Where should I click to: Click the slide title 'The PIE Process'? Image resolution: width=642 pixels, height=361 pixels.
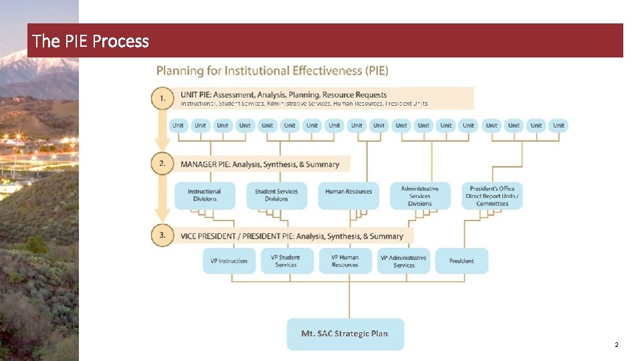91,41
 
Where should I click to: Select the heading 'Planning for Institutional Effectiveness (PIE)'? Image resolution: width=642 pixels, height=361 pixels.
272,71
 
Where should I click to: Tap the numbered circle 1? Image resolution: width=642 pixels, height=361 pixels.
163,98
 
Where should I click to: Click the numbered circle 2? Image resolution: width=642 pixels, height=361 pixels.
163,164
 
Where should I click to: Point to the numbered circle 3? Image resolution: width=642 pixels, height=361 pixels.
163,235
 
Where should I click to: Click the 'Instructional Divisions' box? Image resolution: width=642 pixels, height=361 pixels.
205,195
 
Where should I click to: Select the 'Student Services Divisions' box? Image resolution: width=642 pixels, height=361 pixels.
276,195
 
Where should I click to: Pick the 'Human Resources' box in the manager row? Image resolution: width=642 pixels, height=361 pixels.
348,192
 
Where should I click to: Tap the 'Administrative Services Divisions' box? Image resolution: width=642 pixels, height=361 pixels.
420,196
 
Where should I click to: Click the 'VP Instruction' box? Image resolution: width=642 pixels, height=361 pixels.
229,261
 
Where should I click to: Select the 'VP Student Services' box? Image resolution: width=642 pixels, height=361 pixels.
286,261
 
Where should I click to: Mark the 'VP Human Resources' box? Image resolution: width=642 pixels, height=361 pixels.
345,261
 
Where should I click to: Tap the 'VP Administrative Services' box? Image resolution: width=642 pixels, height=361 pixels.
403,261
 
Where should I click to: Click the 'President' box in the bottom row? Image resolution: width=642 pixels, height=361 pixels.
461,261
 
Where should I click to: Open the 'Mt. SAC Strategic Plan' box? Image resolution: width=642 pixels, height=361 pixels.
345,334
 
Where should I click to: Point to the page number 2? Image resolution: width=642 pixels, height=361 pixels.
616,345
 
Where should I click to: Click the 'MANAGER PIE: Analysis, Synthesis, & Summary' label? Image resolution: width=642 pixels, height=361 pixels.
259,164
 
